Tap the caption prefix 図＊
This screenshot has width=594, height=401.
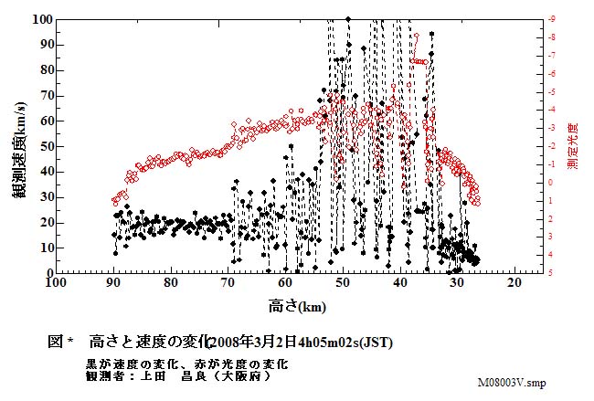pos(59,342)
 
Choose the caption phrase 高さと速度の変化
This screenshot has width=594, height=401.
pos(147,342)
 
